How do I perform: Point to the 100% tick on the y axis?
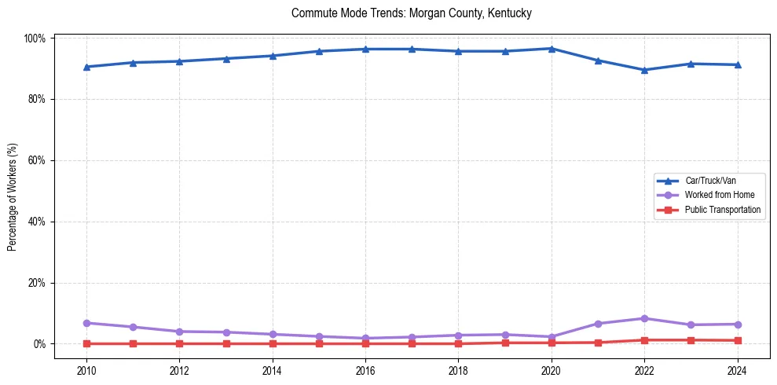point(36,38)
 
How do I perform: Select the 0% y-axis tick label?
point(40,344)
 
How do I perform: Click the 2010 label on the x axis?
point(86,370)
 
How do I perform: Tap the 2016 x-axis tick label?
point(365,370)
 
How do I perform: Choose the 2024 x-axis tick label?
point(737,370)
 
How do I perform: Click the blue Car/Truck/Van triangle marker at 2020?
point(552,49)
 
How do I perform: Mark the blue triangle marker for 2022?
point(644,70)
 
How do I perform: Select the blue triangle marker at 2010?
point(86,67)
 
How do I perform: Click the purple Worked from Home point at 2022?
point(644,318)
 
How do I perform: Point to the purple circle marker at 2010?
point(86,323)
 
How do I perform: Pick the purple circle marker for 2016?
point(365,338)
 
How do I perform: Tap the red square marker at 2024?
point(737,340)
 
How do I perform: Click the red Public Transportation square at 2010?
point(86,343)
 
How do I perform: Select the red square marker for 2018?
point(458,343)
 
